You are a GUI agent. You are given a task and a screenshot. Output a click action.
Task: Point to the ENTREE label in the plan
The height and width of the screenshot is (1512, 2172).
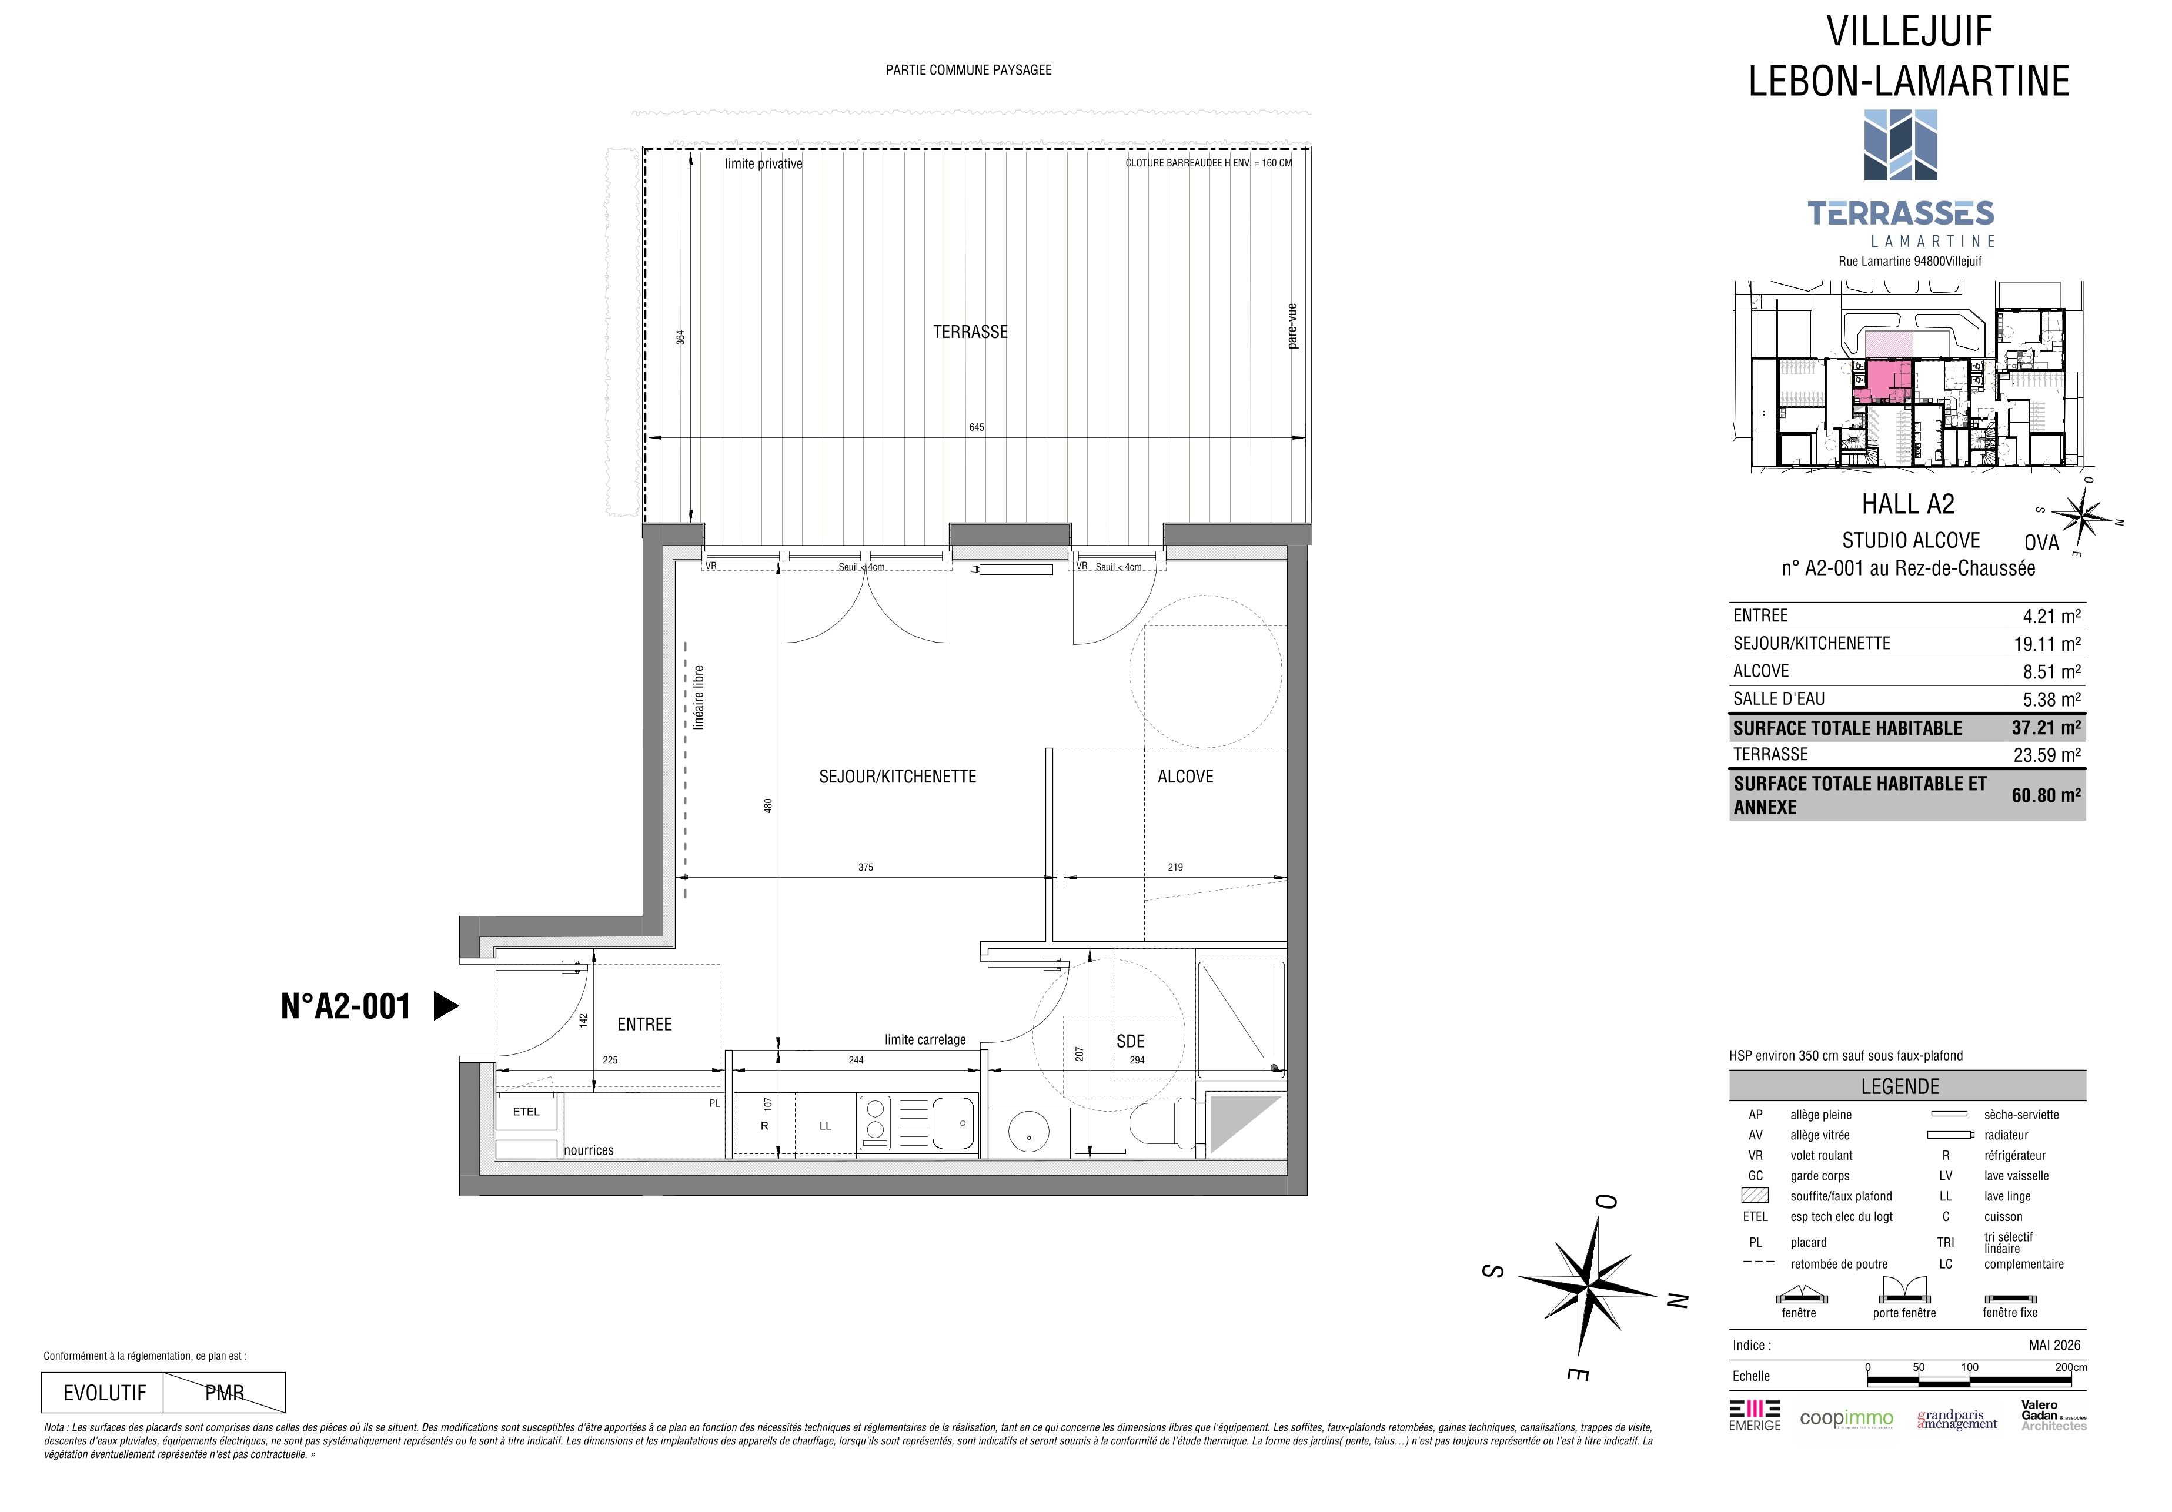[x=644, y=1024]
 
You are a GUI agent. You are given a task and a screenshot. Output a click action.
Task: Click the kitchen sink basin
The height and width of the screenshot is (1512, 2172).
[x=954, y=1122]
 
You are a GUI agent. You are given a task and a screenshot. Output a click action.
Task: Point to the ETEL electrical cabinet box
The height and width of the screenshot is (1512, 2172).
[x=527, y=1112]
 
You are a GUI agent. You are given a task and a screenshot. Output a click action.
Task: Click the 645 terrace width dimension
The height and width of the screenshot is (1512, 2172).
[x=976, y=427]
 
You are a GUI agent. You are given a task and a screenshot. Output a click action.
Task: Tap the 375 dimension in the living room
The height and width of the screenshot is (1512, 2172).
[x=865, y=867]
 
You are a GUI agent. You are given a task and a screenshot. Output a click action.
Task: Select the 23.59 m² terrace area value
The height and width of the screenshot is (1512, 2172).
[x=2046, y=755]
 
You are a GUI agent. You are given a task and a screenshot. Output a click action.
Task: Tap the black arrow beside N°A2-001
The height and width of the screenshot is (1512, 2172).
[x=446, y=1006]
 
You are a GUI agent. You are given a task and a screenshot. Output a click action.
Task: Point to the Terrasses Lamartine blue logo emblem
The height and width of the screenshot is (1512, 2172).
[x=1900, y=145]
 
